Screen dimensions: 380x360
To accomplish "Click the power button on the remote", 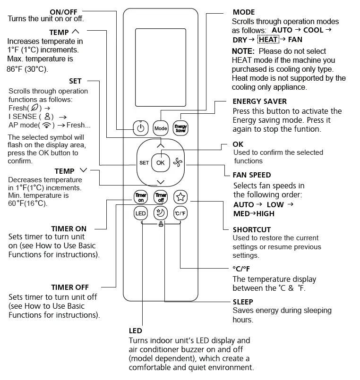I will (x=140, y=127).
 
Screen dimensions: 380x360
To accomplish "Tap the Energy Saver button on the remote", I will (x=180, y=127).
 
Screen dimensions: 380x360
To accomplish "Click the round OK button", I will (x=160, y=162).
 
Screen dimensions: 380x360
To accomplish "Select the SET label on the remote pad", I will (x=144, y=163).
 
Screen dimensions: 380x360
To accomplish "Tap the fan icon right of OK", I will (x=178, y=163).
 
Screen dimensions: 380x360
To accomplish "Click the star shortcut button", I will (x=180, y=196).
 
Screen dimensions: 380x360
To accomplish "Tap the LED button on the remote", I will (x=141, y=213).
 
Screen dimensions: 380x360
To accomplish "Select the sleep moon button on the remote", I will (x=161, y=213).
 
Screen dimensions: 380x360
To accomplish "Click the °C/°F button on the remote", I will (x=180, y=213).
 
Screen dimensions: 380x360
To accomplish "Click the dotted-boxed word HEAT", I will (x=268, y=40).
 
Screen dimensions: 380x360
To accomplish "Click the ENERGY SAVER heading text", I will (x=259, y=101).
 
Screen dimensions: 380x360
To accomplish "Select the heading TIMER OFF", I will (x=70, y=287).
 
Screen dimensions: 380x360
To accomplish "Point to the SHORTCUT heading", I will (x=252, y=229).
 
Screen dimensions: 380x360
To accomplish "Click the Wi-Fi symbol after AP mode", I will (x=47, y=125).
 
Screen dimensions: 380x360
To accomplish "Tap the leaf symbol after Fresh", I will (x=34, y=108).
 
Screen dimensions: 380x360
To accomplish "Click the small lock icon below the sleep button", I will (x=161, y=225).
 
